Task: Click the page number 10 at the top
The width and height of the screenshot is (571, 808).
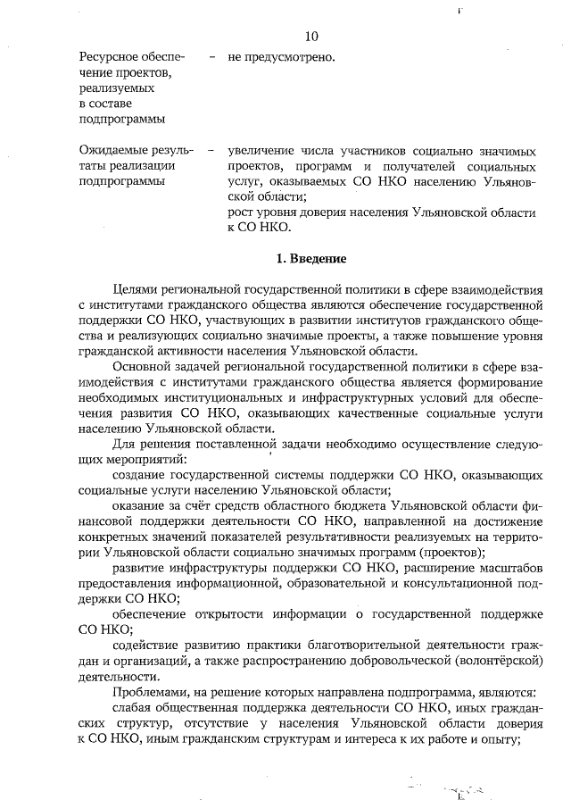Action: pyautogui.click(x=310, y=37)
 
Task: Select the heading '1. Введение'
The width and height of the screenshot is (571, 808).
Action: pyautogui.click(x=310, y=259)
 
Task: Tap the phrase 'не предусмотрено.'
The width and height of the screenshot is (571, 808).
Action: pyautogui.click(x=281, y=58)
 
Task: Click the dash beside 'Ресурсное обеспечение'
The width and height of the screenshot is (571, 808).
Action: pyautogui.click(x=211, y=58)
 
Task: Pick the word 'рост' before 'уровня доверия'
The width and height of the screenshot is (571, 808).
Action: pyautogui.click(x=242, y=212)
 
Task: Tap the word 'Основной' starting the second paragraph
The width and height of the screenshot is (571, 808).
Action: pyautogui.click(x=143, y=367)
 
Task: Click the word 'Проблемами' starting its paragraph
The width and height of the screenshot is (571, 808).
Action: pyautogui.click(x=150, y=692)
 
